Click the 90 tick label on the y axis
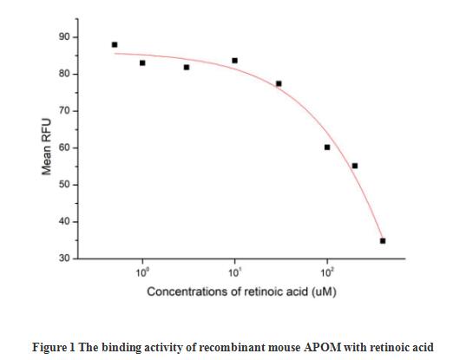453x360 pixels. (x=64, y=37)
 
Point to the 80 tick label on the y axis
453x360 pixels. (x=64, y=74)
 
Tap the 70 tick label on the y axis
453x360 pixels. (x=64, y=111)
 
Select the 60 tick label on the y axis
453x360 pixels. (x=64, y=148)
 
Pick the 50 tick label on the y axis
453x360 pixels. (x=64, y=185)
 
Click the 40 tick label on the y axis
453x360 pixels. (x=64, y=222)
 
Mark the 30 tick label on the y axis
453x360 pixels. (x=64, y=259)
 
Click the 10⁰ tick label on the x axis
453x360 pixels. (x=141, y=272)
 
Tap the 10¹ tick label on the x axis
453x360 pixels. (x=234, y=272)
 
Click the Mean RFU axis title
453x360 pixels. (x=47, y=148)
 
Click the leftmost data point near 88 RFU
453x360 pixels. (x=115, y=44)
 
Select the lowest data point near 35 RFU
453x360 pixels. (x=383, y=241)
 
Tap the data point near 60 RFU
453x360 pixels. (x=327, y=147)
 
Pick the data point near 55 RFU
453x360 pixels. (x=355, y=166)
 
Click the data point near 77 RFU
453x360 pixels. (x=279, y=84)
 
